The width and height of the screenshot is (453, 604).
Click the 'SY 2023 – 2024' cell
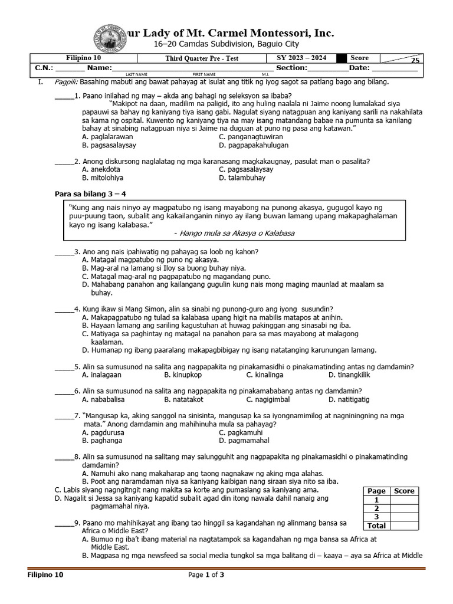tap(301, 58)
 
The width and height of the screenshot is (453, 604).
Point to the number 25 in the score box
tap(415, 61)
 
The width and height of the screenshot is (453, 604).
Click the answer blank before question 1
tap(64, 96)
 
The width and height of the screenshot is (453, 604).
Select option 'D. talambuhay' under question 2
tap(243, 178)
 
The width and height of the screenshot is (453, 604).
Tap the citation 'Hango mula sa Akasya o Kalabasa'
tap(234, 233)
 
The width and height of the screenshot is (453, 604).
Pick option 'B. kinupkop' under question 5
tap(183, 375)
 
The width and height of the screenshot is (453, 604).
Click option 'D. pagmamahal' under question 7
tap(244, 440)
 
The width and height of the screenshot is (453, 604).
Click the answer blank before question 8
tap(64, 457)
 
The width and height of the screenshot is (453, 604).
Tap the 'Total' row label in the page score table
tap(376, 525)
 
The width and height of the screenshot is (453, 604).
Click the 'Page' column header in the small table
tap(376, 491)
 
